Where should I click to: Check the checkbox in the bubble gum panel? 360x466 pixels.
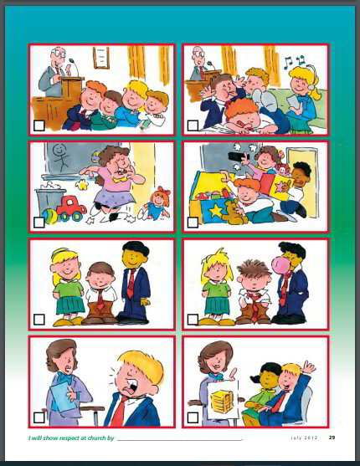click(193, 319)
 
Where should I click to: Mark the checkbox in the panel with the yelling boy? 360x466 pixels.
click(39, 416)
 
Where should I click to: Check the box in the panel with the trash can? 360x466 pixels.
click(39, 223)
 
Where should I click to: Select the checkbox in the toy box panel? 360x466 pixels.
click(193, 223)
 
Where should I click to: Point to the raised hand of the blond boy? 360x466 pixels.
click(309, 367)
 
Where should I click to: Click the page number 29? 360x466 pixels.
click(332, 436)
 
